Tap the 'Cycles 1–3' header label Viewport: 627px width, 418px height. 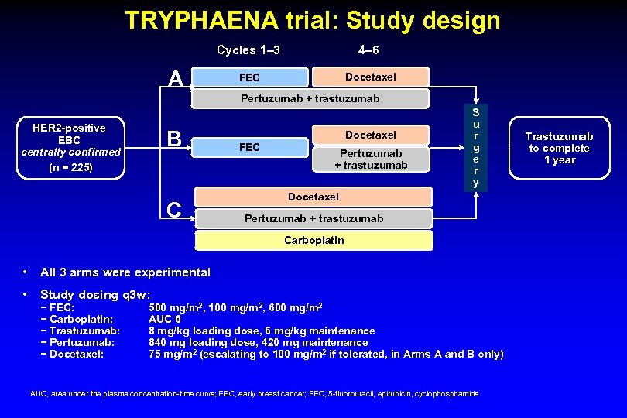pyautogui.click(x=248, y=50)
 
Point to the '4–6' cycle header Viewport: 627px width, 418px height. pyautogui.click(x=368, y=50)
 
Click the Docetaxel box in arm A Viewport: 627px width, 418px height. pyautogui.click(x=370, y=77)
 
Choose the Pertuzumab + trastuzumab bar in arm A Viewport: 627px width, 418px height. pyautogui.click(x=310, y=98)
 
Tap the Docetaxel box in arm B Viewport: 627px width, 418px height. pyautogui.click(x=371, y=134)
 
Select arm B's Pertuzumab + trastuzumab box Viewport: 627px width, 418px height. pyautogui.click(x=371, y=159)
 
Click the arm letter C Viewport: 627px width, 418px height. pyautogui.click(x=174, y=209)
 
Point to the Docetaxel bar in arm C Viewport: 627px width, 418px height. pyautogui.click(x=313, y=197)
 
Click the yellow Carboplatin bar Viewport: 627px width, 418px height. pyautogui.click(x=313, y=240)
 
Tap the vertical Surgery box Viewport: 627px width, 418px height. pyautogui.click(x=476, y=147)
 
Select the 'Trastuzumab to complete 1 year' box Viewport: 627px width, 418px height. pyautogui.click(x=560, y=148)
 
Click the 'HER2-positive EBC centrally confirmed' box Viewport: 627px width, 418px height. pyautogui.click(x=71, y=146)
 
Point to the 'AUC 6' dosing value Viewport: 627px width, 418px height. pyautogui.click(x=165, y=319)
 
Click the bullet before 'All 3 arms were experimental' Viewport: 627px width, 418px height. pyautogui.click(x=26, y=272)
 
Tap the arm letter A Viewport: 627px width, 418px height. pyautogui.click(x=176, y=79)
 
